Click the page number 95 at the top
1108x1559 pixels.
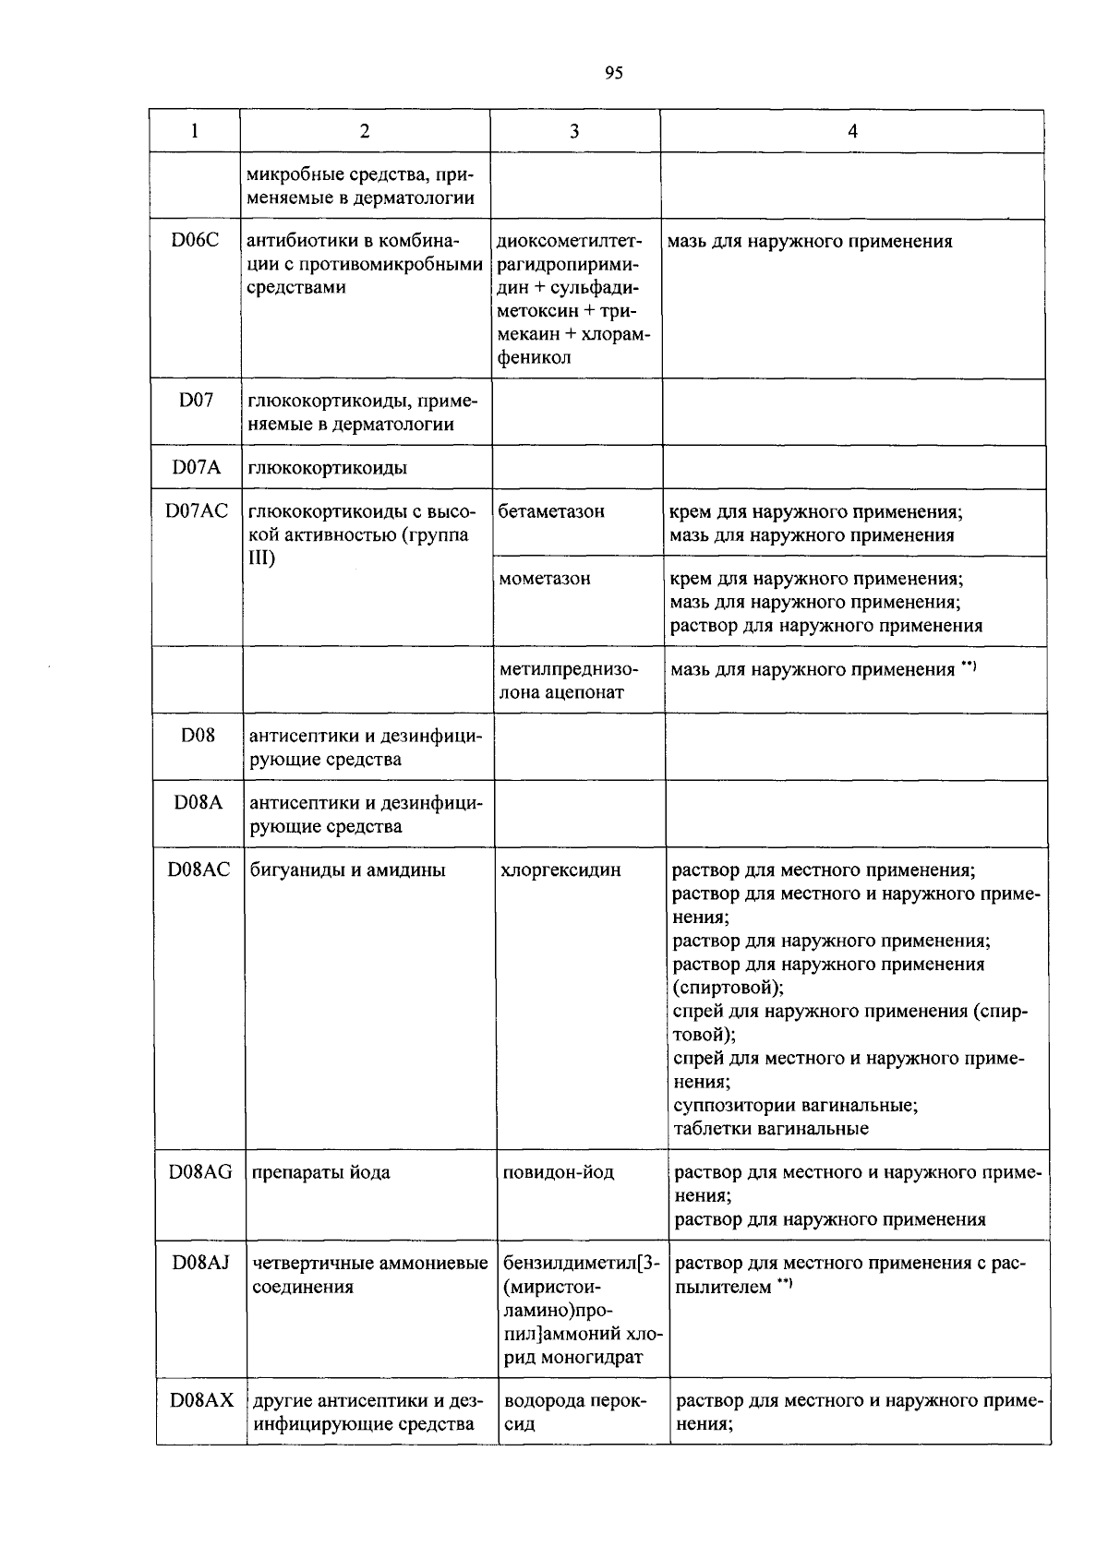pyautogui.click(x=614, y=74)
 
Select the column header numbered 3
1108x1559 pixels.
pyautogui.click(x=574, y=131)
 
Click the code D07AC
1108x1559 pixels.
pyautogui.click(x=197, y=511)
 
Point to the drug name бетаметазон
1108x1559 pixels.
pyautogui.click(x=551, y=511)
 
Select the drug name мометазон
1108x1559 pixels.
pyautogui.click(x=545, y=579)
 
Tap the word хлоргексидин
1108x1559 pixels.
pyautogui.click(x=560, y=869)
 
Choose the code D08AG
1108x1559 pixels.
pyautogui.click(x=200, y=1172)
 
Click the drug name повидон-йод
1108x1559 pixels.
pyautogui.click(x=559, y=1172)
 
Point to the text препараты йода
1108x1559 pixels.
pyautogui.click(x=320, y=1172)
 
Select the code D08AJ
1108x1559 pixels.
pyautogui.click(x=200, y=1263)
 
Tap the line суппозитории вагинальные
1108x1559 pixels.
pyautogui.click(x=794, y=1105)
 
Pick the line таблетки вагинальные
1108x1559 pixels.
pyautogui.click(x=770, y=1128)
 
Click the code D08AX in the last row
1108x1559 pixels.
pyautogui.click(x=201, y=1401)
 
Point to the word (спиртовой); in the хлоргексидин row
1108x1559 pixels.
pyautogui.click(x=729, y=987)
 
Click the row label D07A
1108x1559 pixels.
pyautogui.click(x=196, y=468)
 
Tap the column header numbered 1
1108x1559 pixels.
pyautogui.click(x=195, y=131)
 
